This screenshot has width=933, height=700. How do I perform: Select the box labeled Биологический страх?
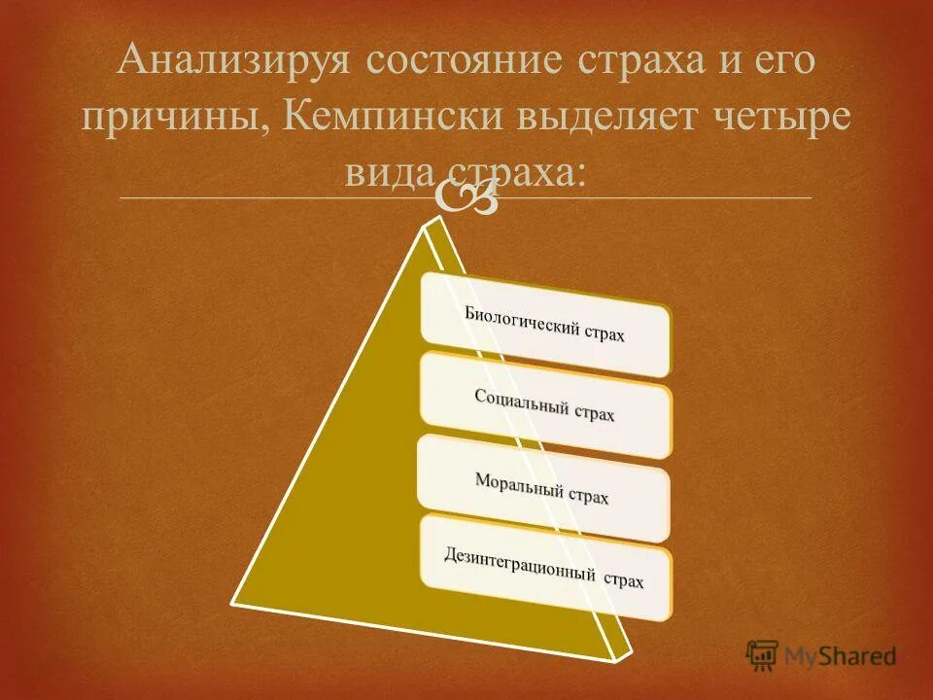point(545,325)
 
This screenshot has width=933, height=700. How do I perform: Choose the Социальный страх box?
point(545,404)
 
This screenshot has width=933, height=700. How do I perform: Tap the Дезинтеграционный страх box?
point(545,568)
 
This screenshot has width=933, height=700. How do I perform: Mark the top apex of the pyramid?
point(428,224)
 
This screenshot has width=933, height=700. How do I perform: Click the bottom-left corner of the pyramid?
point(233,600)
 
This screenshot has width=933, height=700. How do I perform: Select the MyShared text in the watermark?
point(841,656)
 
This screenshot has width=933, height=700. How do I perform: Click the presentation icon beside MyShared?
point(763,654)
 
